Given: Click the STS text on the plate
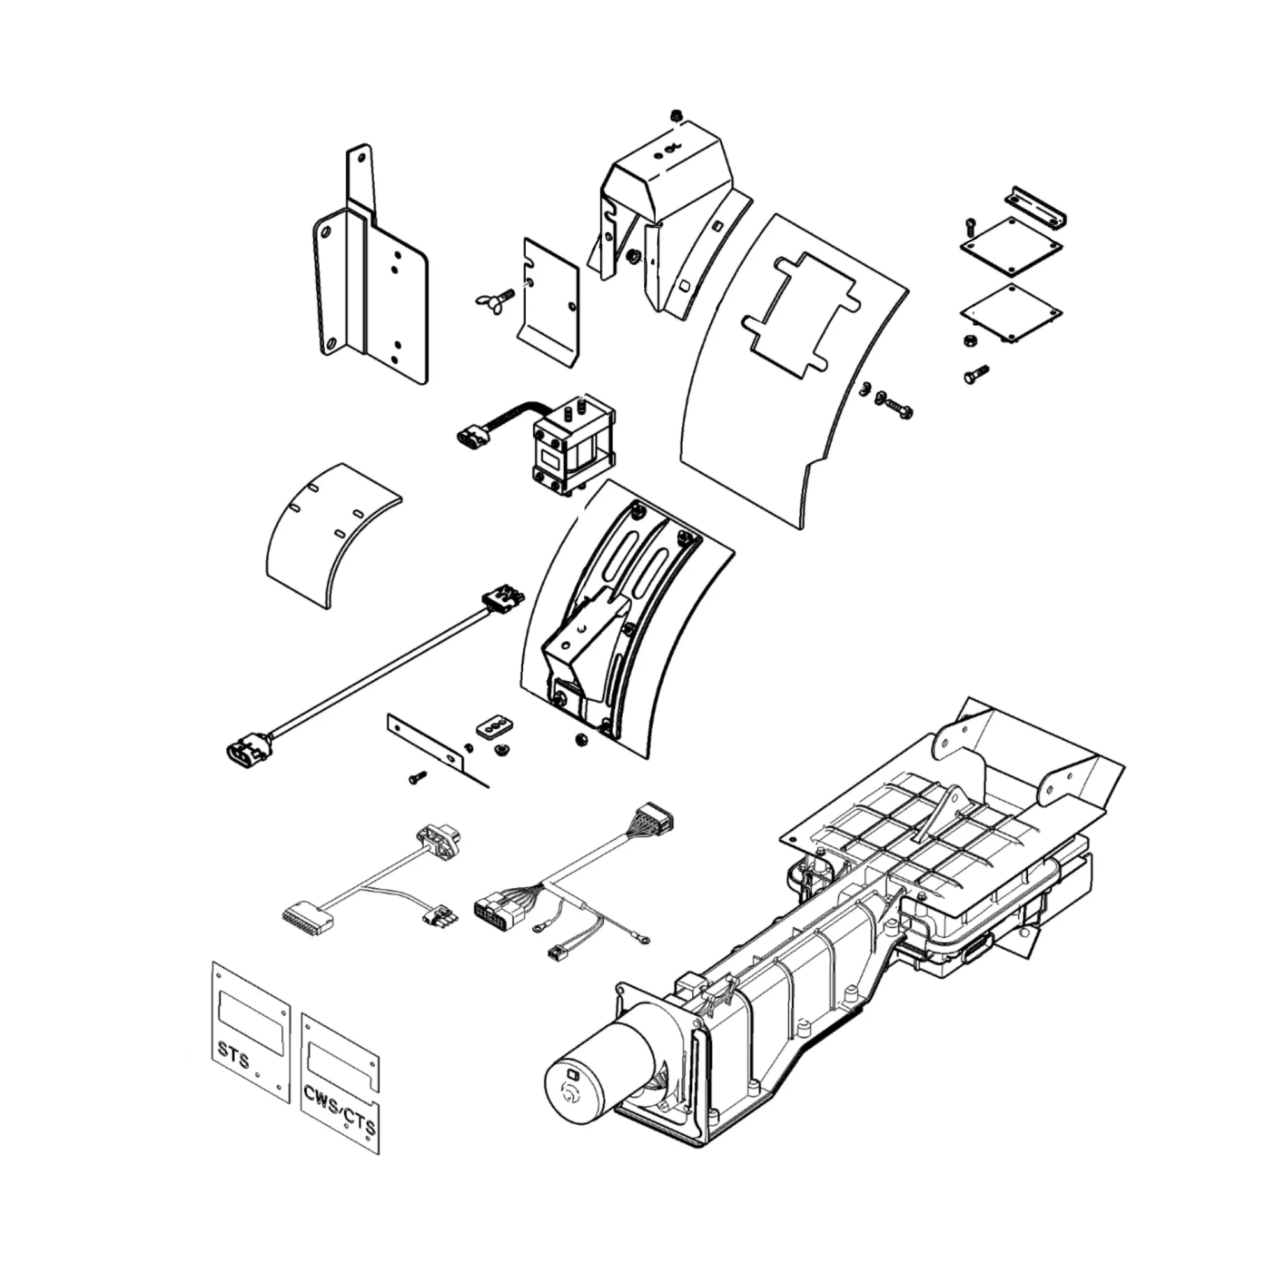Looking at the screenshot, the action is pos(234,1062).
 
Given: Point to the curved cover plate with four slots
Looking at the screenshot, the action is pos(333,533).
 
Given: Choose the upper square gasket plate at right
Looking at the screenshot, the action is pos(1011,246).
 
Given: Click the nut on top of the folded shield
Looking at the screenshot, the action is pos(676,116).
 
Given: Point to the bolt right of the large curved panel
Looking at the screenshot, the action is pos(897,404).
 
